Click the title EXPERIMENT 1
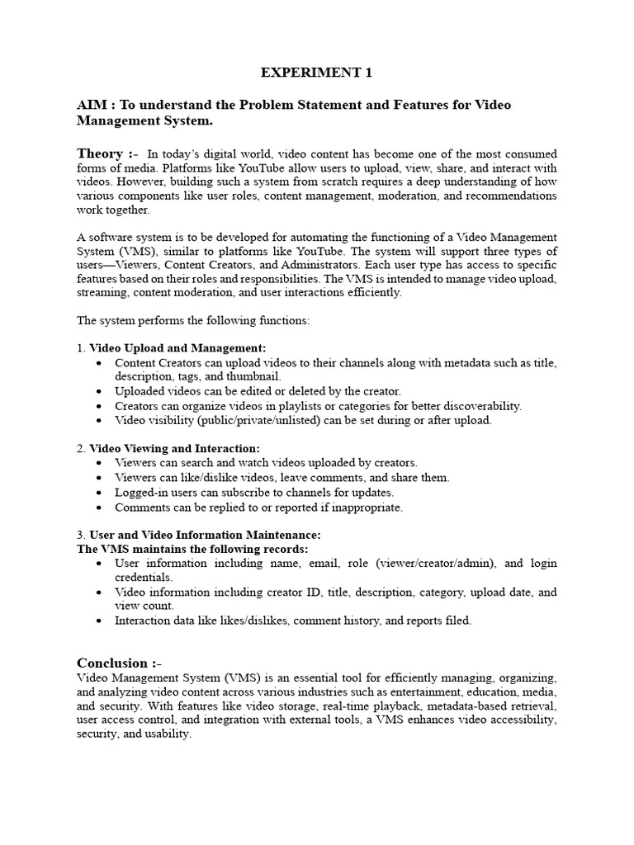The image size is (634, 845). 316,73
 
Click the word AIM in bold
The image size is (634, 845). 93,106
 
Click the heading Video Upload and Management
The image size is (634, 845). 177,348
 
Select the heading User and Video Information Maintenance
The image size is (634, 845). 205,535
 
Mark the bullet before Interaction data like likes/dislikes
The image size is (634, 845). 99,621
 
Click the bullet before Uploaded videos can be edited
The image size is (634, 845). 99,391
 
